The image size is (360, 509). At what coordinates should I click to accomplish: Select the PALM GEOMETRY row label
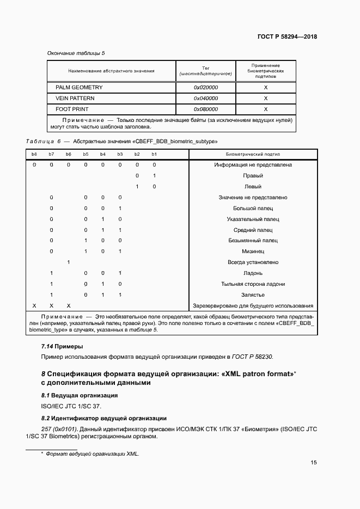tap(79, 88)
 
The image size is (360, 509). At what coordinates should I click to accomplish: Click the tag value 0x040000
tap(206, 99)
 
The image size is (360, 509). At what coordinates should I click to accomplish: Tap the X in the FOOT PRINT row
tap(266, 109)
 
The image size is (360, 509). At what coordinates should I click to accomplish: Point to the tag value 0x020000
tap(206, 88)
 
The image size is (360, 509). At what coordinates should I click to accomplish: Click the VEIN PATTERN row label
tap(75, 99)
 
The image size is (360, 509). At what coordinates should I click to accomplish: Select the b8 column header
tap(34, 155)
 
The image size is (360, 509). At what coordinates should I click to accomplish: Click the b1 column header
tap(154, 155)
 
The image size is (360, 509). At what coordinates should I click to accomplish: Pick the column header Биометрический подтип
tap(253, 155)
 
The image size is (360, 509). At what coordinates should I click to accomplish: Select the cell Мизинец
tap(253, 252)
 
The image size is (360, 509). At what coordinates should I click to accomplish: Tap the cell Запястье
tap(253, 295)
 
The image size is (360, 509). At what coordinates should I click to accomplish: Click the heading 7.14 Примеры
tap(62, 346)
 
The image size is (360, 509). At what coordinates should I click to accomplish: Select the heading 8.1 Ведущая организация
tap(80, 395)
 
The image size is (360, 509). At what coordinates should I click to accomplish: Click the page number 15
tap(314, 463)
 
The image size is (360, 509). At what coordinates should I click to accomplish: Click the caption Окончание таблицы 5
tap(76, 53)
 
